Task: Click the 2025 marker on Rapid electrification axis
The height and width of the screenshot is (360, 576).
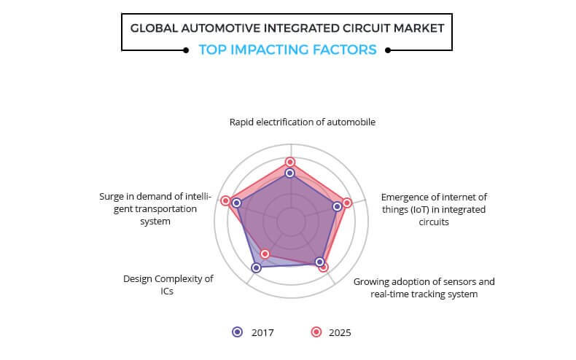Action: point(290,162)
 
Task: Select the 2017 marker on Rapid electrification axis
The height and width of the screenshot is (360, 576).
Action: point(290,173)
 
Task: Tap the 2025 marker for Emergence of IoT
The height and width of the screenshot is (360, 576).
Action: point(347,203)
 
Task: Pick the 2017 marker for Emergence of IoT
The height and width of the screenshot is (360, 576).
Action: point(338,206)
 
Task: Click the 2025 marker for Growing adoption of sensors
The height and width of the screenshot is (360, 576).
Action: point(323,267)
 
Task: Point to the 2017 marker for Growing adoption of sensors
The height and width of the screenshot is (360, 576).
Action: point(319,262)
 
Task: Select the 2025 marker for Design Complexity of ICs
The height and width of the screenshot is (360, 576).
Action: point(265,254)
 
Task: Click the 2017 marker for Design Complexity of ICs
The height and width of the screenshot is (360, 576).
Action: point(257,267)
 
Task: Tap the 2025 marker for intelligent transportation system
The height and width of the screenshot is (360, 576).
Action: point(225,201)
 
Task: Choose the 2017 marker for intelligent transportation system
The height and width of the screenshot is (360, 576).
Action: point(237,203)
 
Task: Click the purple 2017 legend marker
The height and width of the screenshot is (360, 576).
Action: point(238,332)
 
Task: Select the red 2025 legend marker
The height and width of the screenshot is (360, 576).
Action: point(316,332)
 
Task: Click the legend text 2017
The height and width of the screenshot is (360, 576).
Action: point(262,333)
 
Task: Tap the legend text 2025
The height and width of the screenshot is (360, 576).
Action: point(340,333)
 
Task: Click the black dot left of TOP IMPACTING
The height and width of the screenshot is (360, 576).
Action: point(186,50)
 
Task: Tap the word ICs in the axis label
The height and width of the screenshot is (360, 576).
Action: point(167,291)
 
